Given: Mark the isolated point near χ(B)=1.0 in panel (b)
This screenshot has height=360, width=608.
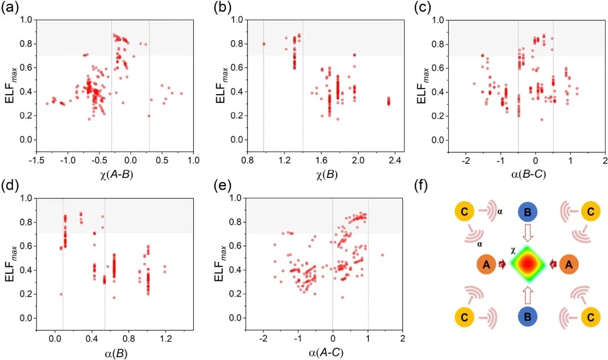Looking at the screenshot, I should [x=264, y=44].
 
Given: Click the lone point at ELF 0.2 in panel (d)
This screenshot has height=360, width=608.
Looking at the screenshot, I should [x=61, y=294].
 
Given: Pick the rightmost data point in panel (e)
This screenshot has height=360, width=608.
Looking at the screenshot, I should [x=382, y=255].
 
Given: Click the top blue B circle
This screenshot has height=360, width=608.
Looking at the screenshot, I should [x=527, y=212].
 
